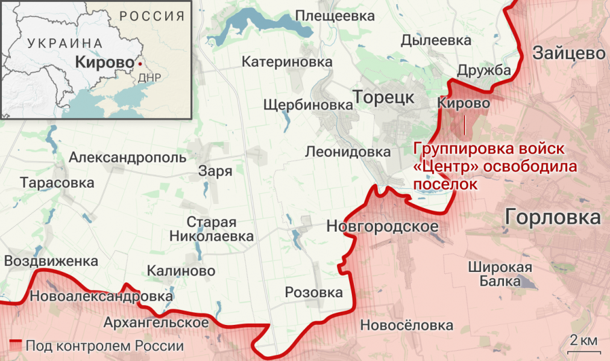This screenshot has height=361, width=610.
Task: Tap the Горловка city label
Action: pos(553,217)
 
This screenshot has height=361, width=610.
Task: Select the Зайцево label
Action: pos(568,54)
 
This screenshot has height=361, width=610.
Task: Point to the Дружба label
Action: pos(483,71)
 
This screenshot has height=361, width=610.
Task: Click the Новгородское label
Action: pos(381,226)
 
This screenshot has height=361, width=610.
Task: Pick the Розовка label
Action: pos(313,292)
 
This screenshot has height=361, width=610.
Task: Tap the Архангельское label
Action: pos(156,322)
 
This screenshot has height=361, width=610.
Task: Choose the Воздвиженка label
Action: pos(51,261)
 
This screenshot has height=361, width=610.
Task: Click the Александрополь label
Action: pos(128,158)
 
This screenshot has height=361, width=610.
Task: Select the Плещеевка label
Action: pos(336,16)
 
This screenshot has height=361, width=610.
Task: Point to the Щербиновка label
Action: pos(307,105)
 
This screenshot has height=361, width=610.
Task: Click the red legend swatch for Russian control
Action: pos(15,346)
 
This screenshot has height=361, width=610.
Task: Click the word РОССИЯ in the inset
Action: pos(151,16)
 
